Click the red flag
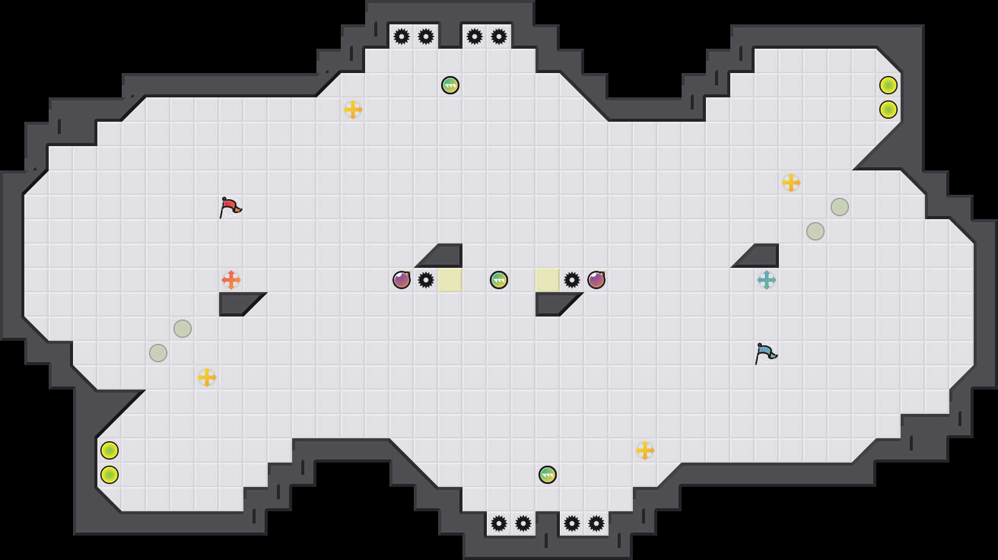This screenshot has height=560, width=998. pos(230,207)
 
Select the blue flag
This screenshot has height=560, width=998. pos(766,353)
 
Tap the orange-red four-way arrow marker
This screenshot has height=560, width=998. pos(231,280)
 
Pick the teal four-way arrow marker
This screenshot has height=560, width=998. pos(767,280)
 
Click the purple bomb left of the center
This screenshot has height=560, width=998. pos(402,280)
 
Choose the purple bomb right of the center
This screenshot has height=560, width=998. pos(596,280)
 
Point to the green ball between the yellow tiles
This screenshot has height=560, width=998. pos(499,280)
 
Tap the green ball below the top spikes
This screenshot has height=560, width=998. pos(450,85)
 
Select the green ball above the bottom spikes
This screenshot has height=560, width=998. pos(548,475)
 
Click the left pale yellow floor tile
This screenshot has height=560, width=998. pos(450,280)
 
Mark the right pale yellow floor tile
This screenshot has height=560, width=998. pos(548,280)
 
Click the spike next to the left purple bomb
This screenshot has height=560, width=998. pos(426,280)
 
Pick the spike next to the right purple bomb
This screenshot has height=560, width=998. pos(572,280)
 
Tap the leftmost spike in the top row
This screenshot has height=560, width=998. pos(402,37)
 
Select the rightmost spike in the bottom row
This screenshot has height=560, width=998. pos(596,523)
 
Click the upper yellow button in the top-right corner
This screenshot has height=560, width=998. pos(888,85)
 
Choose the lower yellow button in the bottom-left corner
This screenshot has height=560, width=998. pos(110,475)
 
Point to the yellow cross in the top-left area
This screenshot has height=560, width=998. pos(353,110)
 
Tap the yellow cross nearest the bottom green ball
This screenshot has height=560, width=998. pos(645,450)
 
